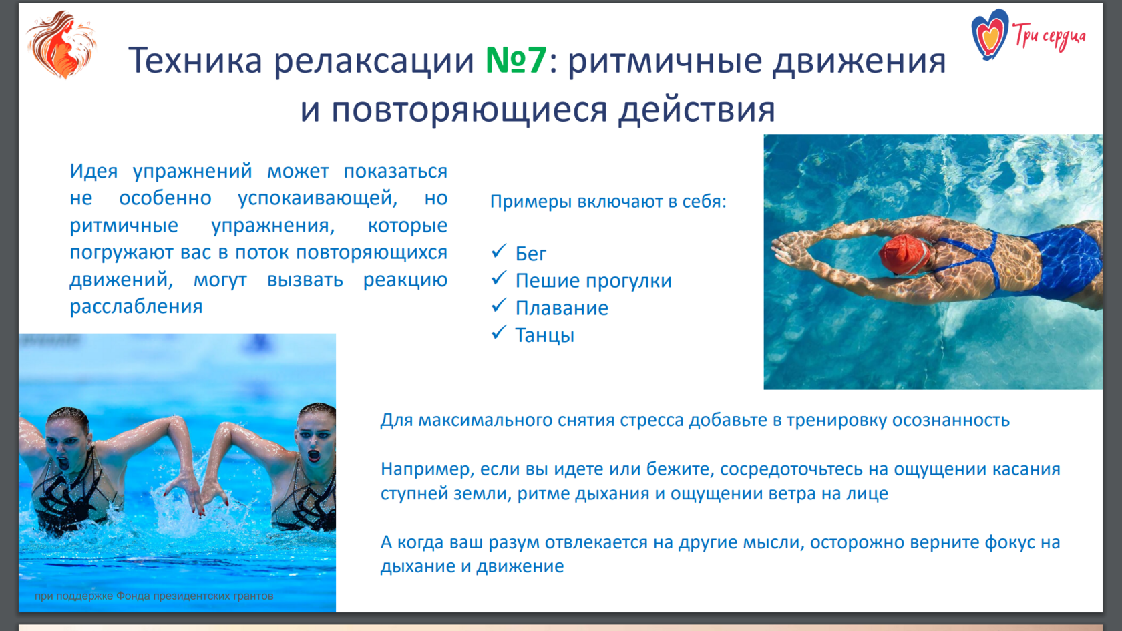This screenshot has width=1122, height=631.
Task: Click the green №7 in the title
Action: (516, 60)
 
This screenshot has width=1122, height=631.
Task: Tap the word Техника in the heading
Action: (195, 60)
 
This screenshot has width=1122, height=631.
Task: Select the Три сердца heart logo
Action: (990, 34)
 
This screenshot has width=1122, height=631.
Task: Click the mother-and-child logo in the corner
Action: (61, 44)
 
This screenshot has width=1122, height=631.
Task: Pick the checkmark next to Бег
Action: (499, 250)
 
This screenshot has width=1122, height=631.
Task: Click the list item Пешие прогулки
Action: (594, 281)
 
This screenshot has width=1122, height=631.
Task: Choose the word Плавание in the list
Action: (562, 308)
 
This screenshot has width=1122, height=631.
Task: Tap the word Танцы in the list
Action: (544, 335)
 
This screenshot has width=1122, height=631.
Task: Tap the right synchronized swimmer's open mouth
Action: (314, 455)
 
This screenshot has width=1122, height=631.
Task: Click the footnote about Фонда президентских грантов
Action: (154, 596)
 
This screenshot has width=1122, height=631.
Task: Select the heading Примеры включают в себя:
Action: (608, 202)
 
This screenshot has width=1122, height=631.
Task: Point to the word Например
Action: (427, 469)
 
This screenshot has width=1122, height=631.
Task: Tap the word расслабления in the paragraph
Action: (136, 306)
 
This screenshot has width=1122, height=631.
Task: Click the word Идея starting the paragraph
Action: (93, 171)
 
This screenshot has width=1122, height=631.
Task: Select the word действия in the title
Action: (697, 110)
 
